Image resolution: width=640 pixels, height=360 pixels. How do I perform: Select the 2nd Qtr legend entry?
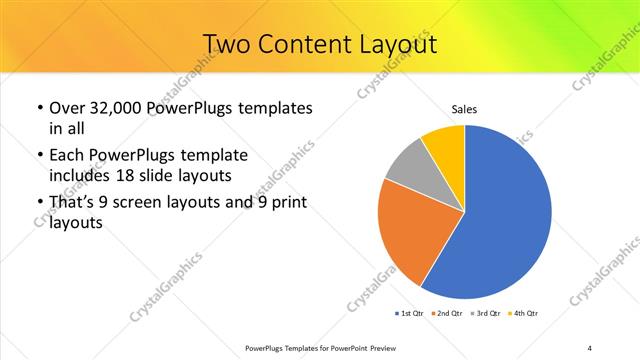point(447,314)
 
